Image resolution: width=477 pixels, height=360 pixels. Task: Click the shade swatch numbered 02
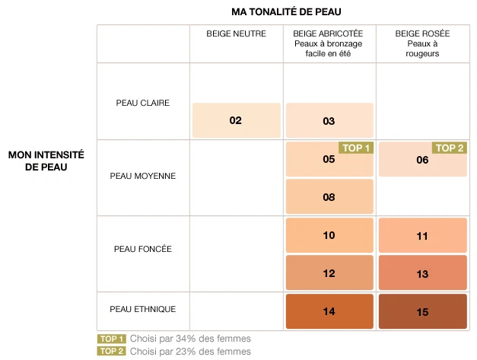236,120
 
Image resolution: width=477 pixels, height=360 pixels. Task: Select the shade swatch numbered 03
329,120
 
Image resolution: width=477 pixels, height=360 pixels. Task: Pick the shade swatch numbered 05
329,159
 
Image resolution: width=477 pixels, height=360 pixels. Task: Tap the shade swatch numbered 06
423,159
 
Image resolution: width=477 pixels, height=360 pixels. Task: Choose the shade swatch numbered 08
329,196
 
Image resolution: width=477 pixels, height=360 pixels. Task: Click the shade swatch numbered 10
329,235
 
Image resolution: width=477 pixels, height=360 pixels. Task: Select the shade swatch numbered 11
423,235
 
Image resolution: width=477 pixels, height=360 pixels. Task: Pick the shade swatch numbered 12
329,273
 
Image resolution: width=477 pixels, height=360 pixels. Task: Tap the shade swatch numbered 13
423,273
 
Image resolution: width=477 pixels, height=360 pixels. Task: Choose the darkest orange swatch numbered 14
329,311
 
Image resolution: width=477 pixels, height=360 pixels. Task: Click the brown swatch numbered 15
423,311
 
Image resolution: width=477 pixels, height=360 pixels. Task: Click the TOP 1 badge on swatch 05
355,148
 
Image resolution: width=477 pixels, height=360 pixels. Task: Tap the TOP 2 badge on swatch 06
449,148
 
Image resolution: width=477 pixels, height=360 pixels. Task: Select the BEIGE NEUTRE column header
236,34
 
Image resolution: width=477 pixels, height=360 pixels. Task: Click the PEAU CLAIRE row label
142,103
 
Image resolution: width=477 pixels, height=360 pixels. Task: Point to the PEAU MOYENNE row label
142,176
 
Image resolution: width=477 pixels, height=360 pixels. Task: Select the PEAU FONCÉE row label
142,249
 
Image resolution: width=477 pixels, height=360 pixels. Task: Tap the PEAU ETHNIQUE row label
142,309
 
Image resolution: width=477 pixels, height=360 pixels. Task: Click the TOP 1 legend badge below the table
110,339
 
